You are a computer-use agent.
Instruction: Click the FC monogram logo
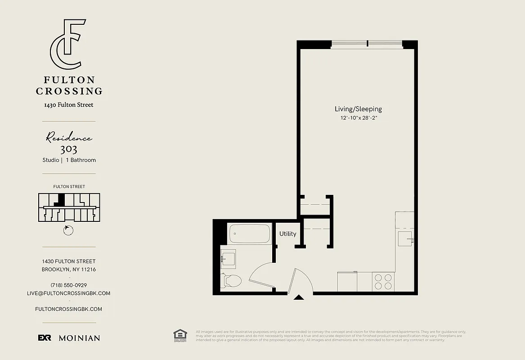[68, 44]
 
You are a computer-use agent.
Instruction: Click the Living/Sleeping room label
[358, 109]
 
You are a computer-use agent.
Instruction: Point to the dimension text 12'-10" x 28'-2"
[358, 118]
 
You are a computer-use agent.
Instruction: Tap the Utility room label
[287, 234]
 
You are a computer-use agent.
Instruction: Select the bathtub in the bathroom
[249, 234]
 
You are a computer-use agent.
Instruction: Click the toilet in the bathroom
[232, 281]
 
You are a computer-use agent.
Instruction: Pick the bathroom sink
[228, 259]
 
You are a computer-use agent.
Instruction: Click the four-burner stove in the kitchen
[383, 282]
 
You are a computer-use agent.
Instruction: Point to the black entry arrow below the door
[298, 297]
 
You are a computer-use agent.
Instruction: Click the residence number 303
[68, 149]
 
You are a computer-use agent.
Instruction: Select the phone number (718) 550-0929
[69, 285]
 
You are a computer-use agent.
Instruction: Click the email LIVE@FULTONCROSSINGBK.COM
[68, 293]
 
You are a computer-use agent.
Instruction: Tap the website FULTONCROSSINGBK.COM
[68, 309]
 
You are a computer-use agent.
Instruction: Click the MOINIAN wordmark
[79, 338]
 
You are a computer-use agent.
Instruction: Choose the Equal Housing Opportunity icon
[180, 336]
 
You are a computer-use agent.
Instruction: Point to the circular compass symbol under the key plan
[68, 230]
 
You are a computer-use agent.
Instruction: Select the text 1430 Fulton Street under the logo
[69, 105]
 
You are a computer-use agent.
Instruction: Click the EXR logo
[44, 338]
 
